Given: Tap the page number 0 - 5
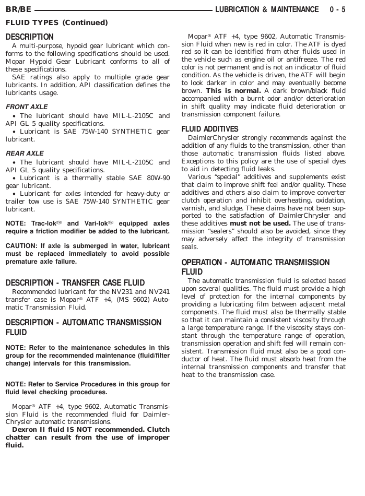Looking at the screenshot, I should [338, 9].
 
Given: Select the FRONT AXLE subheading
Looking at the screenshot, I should [27, 107].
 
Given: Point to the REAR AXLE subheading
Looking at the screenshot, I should [25, 153].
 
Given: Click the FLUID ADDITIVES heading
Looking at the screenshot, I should [210, 129].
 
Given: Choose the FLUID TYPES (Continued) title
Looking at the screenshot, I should [56, 22].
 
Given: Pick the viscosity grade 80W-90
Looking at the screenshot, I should [155, 178].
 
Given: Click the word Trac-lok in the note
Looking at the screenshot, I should [45, 223].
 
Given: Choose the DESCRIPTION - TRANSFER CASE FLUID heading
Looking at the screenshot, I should [75, 282].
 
